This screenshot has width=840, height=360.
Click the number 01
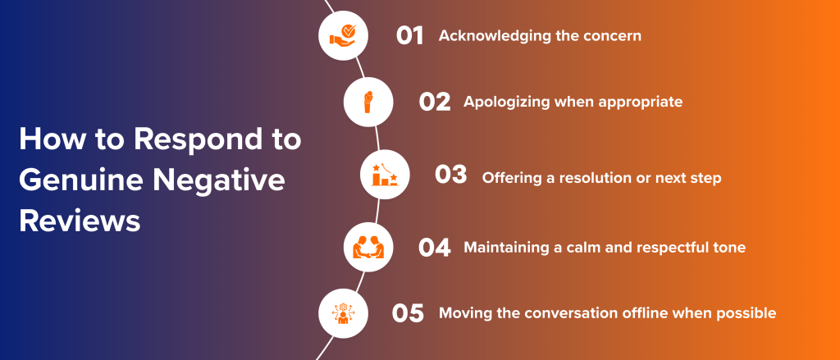click(409, 36)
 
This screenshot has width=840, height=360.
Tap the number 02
click(435, 102)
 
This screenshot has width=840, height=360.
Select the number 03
click(450, 175)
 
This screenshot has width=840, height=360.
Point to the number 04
click(434, 247)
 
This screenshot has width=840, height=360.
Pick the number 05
click(408, 312)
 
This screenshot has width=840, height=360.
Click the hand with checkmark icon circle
click(342, 36)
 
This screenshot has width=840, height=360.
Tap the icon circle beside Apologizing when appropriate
click(367, 102)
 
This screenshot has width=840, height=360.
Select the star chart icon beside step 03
click(385, 175)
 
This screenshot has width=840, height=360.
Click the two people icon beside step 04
click(368, 247)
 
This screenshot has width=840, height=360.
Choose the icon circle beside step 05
click(342, 312)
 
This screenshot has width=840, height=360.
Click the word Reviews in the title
click(80, 221)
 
